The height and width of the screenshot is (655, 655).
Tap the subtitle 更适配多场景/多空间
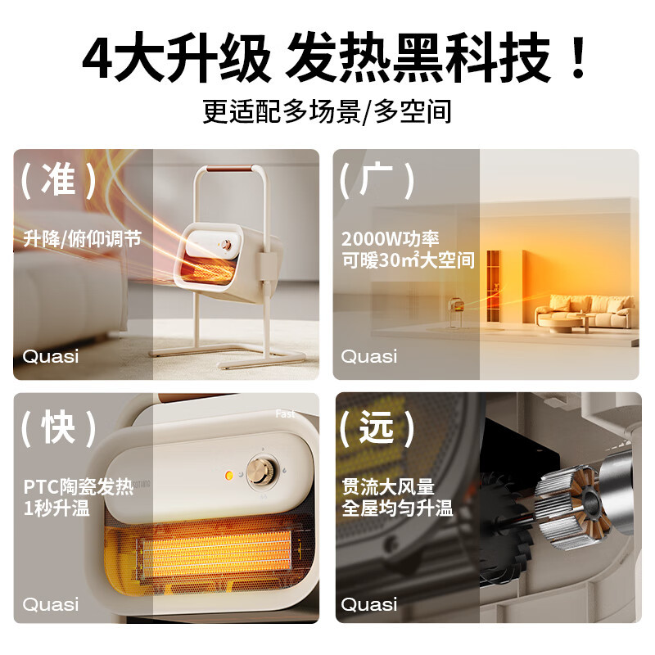(x=327, y=111)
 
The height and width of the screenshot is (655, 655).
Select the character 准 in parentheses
(x=58, y=179)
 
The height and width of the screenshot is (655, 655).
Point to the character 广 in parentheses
(x=377, y=179)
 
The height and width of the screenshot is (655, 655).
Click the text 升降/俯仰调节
(x=83, y=238)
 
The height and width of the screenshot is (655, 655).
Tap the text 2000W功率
(x=391, y=239)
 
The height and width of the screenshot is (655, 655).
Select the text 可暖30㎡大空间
(x=408, y=260)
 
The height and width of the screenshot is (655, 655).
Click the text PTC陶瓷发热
(x=79, y=487)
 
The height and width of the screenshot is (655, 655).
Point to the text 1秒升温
(x=56, y=508)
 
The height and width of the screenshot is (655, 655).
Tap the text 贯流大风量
(x=388, y=487)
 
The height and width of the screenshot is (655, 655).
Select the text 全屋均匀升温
(x=397, y=508)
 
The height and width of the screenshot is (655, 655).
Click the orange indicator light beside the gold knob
(x=229, y=475)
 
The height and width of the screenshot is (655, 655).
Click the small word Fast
(x=285, y=414)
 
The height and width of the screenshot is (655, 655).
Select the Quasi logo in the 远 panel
(x=368, y=604)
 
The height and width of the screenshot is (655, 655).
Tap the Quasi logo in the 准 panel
(x=51, y=357)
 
